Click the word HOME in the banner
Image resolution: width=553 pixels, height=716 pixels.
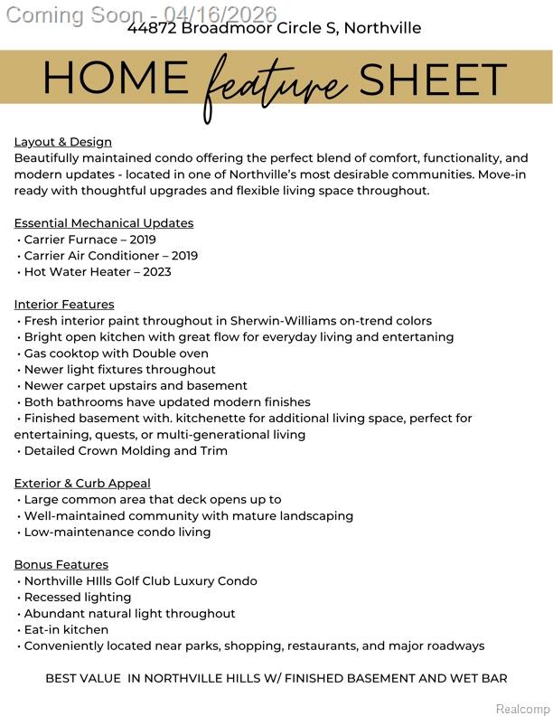point(115,80)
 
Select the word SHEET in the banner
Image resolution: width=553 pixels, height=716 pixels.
point(433,80)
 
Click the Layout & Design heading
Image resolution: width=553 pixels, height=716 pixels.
point(63,142)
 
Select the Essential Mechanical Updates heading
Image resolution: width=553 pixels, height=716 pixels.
point(104,223)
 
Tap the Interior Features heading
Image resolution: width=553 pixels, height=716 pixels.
point(64,305)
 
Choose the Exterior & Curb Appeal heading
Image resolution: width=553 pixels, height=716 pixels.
point(82,484)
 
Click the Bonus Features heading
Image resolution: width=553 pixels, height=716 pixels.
point(61,565)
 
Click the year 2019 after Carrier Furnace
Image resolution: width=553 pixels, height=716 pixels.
point(142,240)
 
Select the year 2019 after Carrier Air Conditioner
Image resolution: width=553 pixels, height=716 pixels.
point(183,256)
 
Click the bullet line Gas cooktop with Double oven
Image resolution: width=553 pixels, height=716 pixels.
point(116,353)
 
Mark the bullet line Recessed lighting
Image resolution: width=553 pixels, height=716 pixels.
point(77,598)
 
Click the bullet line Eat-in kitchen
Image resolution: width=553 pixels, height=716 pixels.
point(66,630)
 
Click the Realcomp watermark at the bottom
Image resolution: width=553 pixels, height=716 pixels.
point(523,709)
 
